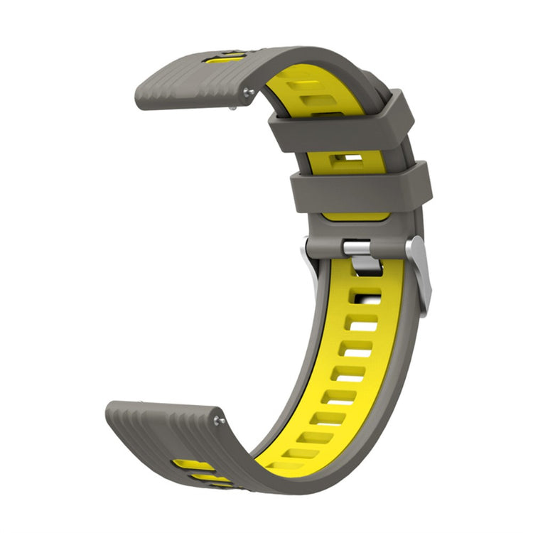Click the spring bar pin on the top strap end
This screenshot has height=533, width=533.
(247, 92)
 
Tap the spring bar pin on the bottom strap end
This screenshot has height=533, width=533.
(218, 421)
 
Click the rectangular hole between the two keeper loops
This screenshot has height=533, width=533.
(350, 158)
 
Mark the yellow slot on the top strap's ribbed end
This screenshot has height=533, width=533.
(226, 58)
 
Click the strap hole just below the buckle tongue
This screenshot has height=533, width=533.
(367, 293)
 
